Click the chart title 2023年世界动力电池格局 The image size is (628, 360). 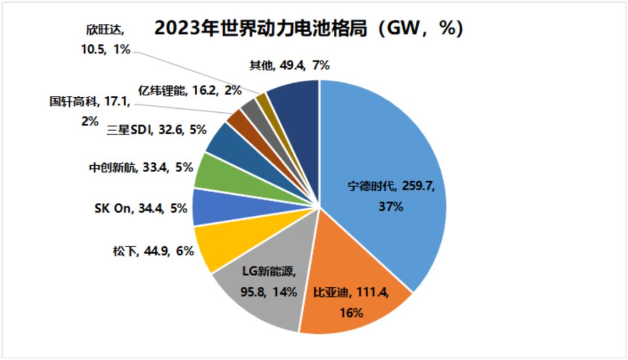pyautogui.click(x=308, y=28)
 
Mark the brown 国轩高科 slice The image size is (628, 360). pyautogui.click(x=237, y=120)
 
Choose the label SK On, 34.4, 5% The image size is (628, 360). pyautogui.click(x=140, y=208)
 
